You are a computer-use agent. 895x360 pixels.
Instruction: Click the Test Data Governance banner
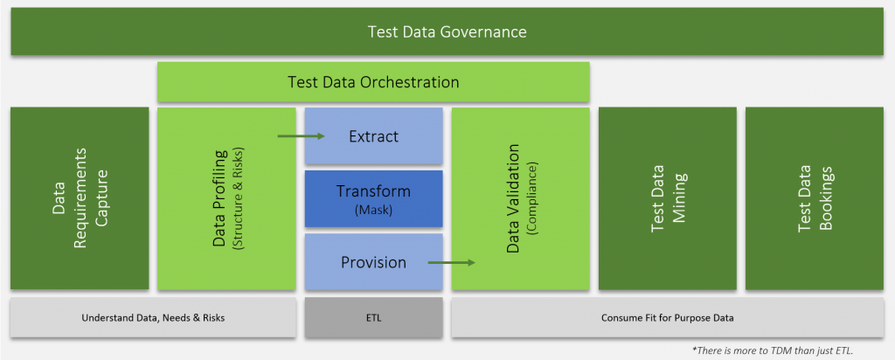point(447,31)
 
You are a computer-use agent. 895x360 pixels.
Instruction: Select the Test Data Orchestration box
point(373,82)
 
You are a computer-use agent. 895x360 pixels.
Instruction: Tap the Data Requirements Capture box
point(80,198)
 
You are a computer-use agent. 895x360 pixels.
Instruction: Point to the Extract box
point(373,135)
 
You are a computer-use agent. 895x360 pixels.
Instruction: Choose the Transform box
point(373,198)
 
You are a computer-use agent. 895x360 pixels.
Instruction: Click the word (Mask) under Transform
point(373,210)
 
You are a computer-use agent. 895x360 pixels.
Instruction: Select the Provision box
point(373,261)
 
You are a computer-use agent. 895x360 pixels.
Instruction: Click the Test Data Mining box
point(667,198)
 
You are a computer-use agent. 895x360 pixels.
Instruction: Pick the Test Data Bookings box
point(815,198)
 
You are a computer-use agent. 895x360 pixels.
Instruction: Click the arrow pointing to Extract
point(302,135)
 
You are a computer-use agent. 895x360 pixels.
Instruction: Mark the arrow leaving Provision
point(452,262)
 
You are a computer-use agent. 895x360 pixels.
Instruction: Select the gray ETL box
point(373,317)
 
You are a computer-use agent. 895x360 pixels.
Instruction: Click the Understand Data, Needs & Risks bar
point(153,317)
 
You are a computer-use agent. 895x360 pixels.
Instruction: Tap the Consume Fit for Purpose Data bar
point(667,317)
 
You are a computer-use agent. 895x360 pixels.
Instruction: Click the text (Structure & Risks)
point(238,198)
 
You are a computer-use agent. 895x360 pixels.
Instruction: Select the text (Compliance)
point(534,198)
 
